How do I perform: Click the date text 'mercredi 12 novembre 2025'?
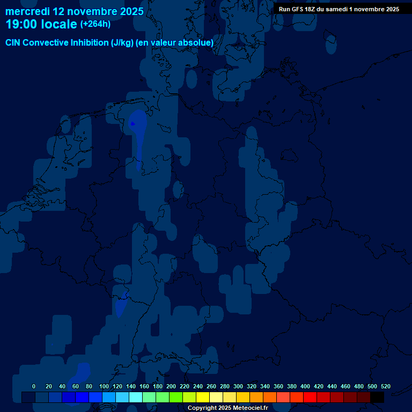[x=74, y=11]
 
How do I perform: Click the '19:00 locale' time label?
[x=41, y=24]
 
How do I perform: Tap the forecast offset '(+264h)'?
[x=95, y=24]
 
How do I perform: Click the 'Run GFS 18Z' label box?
[x=339, y=9]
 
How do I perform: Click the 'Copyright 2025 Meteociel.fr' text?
[x=228, y=408]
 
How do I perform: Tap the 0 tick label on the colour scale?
[x=34, y=386]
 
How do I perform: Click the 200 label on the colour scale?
[x=171, y=386]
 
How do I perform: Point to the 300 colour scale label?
[x=238, y=386]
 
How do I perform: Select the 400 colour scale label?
[x=305, y=386]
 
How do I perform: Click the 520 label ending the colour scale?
[x=385, y=386]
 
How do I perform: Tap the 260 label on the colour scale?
[x=211, y=386]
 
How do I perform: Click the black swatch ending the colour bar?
[x=377, y=397]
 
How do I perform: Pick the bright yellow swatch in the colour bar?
[x=203, y=397]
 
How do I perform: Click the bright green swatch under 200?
[x=176, y=397]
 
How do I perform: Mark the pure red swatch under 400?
[x=310, y=397]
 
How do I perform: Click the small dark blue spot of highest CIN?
[x=133, y=123]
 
